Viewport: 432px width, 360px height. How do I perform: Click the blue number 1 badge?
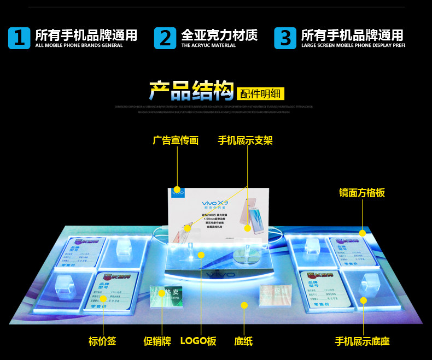click(x=19, y=38)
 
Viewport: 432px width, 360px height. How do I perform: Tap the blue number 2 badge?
click(x=165, y=38)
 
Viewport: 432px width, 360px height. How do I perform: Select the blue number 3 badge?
click(x=285, y=38)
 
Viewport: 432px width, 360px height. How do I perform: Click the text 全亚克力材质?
click(x=219, y=36)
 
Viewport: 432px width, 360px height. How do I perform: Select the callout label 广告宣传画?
click(x=175, y=140)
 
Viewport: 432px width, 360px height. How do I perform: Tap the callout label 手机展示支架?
click(x=245, y=140)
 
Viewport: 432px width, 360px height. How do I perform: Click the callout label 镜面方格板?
click(x=361, y=192)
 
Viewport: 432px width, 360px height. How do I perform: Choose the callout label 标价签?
click(x=102, y=341)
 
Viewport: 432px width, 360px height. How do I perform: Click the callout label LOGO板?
click(x=199, y=341)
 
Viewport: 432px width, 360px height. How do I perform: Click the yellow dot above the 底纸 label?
click(x=244, y=305)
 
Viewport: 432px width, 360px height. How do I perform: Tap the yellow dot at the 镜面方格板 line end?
click(x=362, y=233)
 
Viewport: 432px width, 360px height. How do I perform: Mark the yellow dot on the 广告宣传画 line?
click(x=177, y=190)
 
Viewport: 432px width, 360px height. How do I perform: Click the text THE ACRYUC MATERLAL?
click(x=208, y=46)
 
